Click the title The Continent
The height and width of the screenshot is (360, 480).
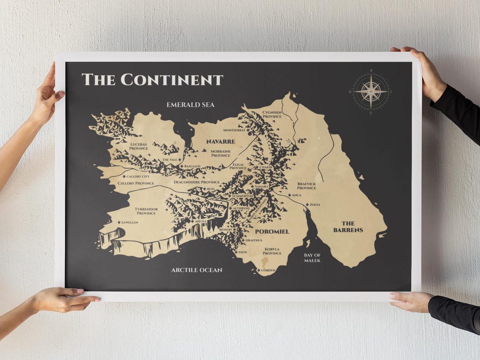pos(152,80)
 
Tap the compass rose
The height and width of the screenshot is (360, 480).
pos(371,91)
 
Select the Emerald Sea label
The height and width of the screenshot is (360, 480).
pos(190,105)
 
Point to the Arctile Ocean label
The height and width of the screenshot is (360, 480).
pos(196,270)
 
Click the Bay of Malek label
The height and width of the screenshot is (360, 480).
pos(312,257)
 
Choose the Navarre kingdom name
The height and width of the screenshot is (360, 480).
pos(220,141)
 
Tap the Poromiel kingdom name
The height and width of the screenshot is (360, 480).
pos(272,231)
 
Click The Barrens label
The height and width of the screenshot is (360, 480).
pos(348,227)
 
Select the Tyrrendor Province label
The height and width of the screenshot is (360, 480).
pos(146,211)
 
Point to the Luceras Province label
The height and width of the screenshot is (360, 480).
pos(139,146)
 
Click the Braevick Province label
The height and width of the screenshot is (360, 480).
pos(307,185)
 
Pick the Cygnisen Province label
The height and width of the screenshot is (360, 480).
pos(272,115)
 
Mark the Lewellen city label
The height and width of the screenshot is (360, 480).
pos(129,222)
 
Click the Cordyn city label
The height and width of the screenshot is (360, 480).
pos(268,270)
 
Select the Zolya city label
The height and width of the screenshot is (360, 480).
pos(314,204)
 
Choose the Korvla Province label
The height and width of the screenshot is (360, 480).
pos(272,251)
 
